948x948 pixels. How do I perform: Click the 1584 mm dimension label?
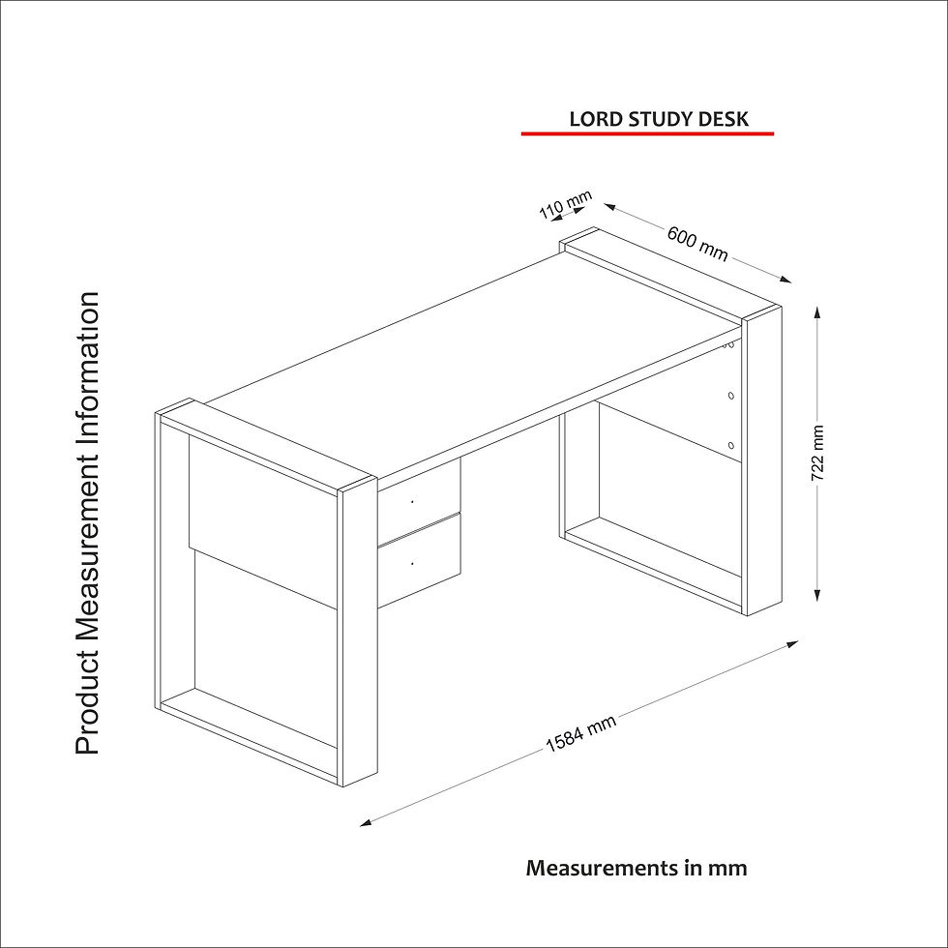click(580, 733)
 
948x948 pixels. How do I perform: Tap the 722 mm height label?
click(816, 453)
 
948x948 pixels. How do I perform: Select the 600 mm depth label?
click(697, 243)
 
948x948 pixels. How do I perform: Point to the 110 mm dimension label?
click(565, 204)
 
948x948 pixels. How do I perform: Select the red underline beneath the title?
click(647, 133)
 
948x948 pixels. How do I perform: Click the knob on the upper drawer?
click(412, 501)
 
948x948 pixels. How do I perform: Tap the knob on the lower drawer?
click(412, 563)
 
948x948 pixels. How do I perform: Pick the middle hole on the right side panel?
click(731, 396)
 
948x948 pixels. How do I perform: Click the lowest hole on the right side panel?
click(731, 446)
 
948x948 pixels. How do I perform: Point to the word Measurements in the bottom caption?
click(603, 868)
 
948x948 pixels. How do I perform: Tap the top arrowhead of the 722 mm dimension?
click(816, 311)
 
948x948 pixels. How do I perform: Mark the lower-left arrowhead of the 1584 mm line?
click(366, 822)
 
